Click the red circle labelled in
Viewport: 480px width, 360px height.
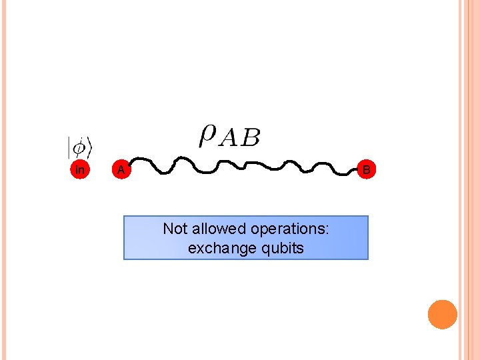[x=80, y=170]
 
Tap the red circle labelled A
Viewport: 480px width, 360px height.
[x=121, y=170]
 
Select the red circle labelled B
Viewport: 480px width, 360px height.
[x=366, y=170]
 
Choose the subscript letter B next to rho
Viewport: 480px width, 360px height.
[x=250, y=139]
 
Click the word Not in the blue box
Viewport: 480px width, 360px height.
[x=175, y=229]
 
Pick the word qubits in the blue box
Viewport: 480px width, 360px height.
[x=282, y=249]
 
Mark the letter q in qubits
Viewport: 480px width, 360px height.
[x=265, y=250]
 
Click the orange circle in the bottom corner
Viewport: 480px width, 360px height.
[x=443, y=315]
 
